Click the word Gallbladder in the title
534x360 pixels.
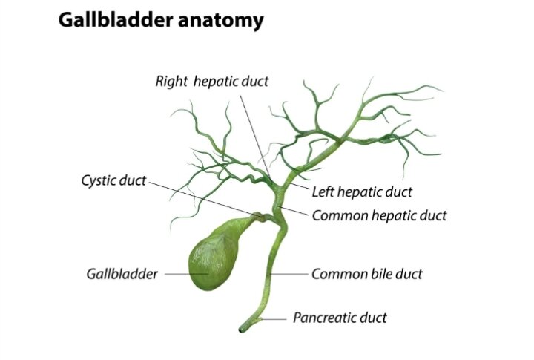tap(116, 20)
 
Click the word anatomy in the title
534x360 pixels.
tap(221, 21)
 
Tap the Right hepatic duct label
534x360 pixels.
tap(212, 81)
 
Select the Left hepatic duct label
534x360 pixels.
tap(362, 192)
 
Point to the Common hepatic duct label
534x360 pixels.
tap(379, 215)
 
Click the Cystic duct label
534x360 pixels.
tap(113, 180)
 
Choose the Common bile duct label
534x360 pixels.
tap(367, 274)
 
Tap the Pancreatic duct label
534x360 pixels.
tap(340, 318)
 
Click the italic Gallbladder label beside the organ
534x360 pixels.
tap(122, 274)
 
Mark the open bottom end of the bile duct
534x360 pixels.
tap(241, 330)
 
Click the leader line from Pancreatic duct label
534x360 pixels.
tap(273, 319)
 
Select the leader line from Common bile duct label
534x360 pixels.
tap(288, 274)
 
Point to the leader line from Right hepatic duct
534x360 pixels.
tap(254, 137)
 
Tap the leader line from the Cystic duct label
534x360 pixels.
tap(204, 199)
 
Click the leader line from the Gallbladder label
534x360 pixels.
tap(186, 274)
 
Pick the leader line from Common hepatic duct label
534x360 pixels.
tap(293, 211)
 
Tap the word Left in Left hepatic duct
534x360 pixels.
tap(323, 192)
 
